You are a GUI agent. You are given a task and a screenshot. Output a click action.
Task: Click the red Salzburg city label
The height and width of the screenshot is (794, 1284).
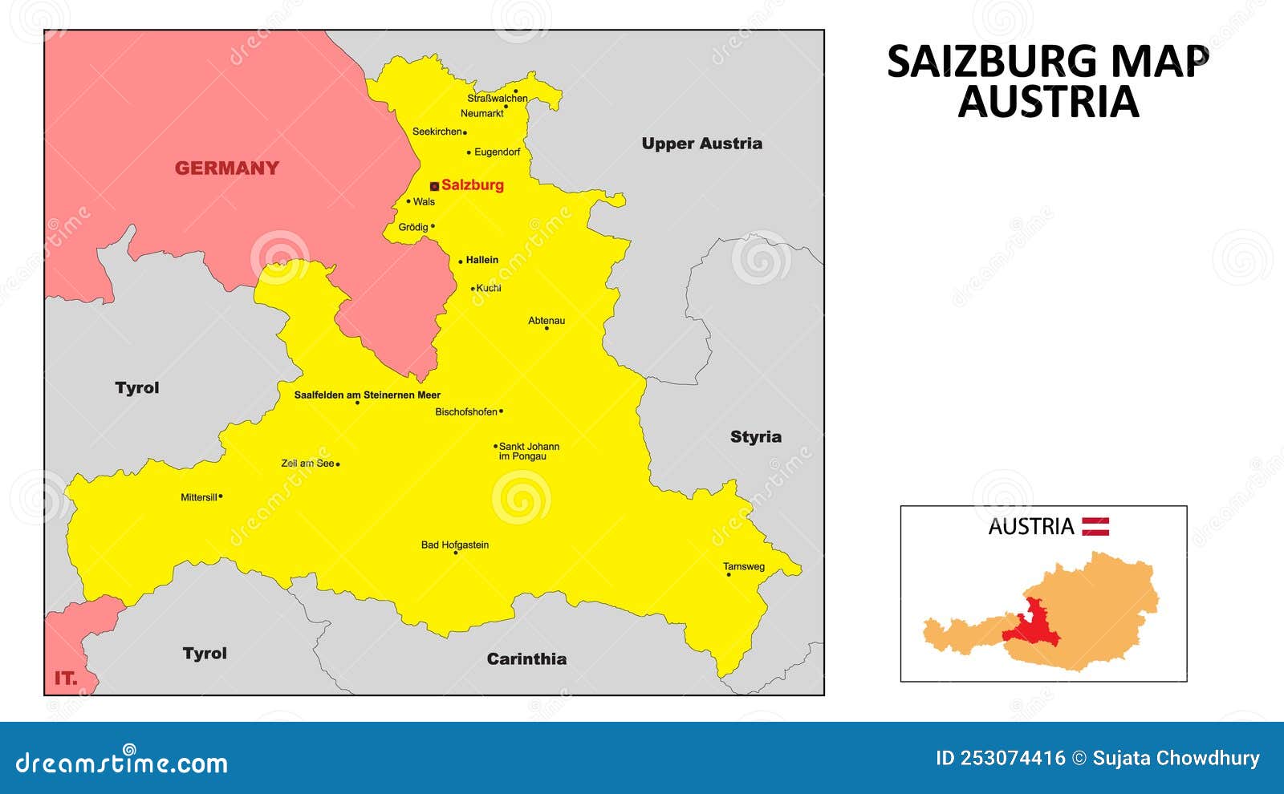(473, 185)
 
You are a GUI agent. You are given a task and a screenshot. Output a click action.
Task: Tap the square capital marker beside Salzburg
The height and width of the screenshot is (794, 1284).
(434, 186)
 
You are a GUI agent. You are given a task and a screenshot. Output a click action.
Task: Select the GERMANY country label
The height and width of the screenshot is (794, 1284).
(227, 168)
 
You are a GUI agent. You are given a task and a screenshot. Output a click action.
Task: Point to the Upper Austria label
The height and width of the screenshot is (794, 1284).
(701, 144)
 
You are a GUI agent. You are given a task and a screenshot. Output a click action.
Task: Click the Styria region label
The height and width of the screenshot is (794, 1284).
(755, 437)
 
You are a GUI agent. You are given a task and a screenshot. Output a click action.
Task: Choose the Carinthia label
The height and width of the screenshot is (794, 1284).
(526, 659)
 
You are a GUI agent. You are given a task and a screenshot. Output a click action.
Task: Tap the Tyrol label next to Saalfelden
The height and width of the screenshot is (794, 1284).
(137, 388)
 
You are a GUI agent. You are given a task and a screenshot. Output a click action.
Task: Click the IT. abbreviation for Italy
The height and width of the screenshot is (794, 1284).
(66, 679)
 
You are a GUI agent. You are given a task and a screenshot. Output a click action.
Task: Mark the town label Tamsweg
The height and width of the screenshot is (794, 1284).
(744, 566)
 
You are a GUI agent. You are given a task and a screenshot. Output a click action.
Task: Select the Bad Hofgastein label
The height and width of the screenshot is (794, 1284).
(455, 545)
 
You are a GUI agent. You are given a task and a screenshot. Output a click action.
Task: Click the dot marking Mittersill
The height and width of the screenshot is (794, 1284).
(221, 496)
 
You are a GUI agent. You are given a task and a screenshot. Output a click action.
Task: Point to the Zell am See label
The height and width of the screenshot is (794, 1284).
(307, 464)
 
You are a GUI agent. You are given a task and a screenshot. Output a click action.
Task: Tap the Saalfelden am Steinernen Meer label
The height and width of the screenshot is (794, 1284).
(367, 395)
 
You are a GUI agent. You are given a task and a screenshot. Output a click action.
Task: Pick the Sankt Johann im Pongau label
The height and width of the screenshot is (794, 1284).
(529, 452)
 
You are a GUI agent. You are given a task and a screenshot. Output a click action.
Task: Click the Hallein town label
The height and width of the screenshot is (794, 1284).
(482, 260)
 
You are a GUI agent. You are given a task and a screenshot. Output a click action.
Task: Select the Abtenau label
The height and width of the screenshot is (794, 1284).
(547, 320)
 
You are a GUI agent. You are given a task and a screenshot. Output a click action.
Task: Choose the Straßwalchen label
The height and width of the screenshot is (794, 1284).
(498, 99)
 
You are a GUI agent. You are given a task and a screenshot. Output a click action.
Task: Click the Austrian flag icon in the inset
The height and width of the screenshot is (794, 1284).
(1095, 526)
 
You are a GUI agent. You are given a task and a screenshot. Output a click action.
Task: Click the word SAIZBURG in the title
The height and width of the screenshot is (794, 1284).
(992, 62)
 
